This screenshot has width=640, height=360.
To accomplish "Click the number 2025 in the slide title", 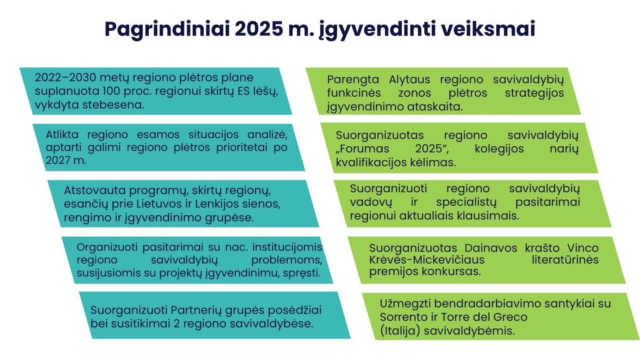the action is click(x=259, y=29).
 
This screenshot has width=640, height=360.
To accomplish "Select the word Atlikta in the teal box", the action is click(x=62, y=134).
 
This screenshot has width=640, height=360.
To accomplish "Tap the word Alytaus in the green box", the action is click(x=409, y=79).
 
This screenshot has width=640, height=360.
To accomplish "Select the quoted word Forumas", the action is click(x=363, y=149).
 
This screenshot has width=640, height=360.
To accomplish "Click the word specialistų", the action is click(x=467, y=202).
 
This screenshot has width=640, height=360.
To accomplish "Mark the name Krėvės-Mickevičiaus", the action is click(x=427, y=260).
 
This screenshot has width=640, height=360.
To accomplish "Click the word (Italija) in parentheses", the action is click(x=400, y=331).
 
